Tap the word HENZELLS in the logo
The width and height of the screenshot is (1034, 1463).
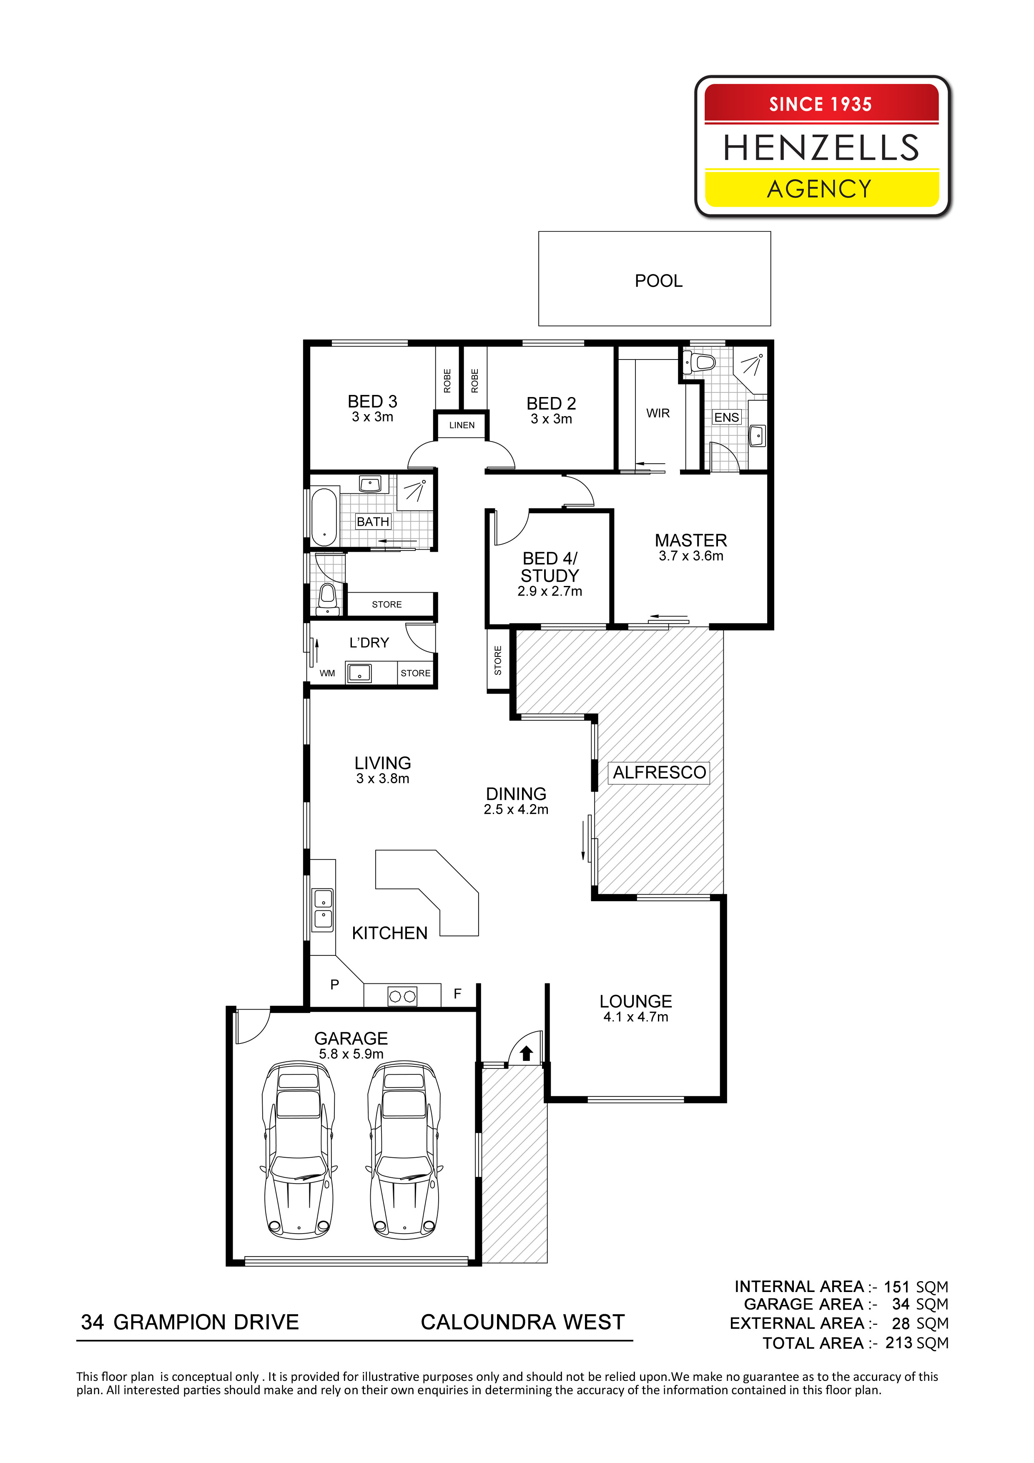point(821,148)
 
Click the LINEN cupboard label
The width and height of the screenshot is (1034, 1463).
point(462,425)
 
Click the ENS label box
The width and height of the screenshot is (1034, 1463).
point(726,417)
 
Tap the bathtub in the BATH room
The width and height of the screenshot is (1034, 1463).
point(324,517)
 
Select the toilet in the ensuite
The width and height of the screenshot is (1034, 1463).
point(700,362)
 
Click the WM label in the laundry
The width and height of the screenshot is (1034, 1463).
point(327,673)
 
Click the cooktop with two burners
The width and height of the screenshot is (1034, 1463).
point(403,996)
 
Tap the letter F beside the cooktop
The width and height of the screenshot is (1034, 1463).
point(457,993)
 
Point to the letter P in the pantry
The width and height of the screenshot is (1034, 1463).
point(334,985)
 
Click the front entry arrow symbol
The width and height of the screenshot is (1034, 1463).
point(526,1053)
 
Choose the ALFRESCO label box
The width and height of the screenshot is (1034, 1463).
point(660,772)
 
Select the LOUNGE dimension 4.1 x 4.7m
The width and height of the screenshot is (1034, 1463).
point(636,1017)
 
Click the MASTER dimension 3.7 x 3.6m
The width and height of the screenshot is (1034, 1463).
point(691,556)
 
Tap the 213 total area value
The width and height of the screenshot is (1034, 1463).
point(899,1342)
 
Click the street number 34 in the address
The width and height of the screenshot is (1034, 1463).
point(93,1322)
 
